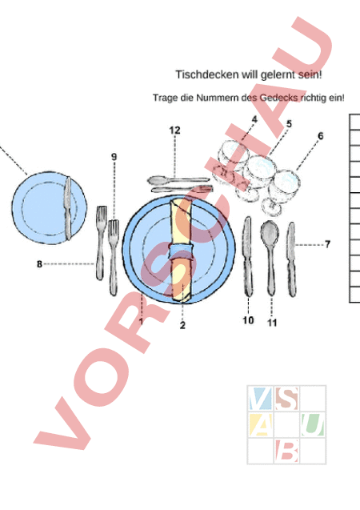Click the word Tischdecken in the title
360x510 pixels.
click(x=207, y=75)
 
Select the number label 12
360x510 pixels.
click(x=174, y=131)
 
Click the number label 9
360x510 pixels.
click(x=114, y=157)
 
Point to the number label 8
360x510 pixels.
click(x=39, y=263)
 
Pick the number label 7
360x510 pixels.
click(x=327, y=244)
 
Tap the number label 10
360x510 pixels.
click(x=248, y=320)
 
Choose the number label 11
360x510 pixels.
click(x=272, y=323)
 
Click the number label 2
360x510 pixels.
click(x=182, y=325)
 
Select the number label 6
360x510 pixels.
click(x=321, y=135)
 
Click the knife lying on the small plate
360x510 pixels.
click(x=68, y=208)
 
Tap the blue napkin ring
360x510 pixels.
click(x=182, y=252)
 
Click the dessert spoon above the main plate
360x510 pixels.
click(x=178, y=179)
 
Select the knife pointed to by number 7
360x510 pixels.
click(x=291, y=259)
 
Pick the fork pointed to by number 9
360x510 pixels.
click(x=114, y=258)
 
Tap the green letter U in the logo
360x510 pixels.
click(x=312, y=424)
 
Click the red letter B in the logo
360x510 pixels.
click(x=286, y=451)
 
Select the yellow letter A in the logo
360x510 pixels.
click(x=260, y=425)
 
